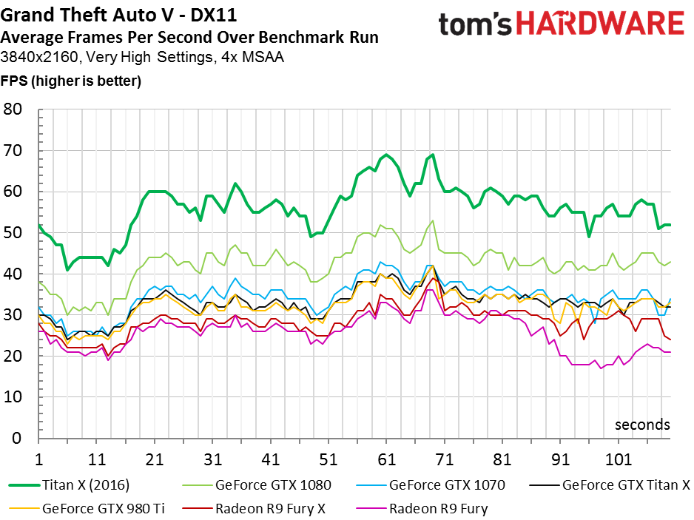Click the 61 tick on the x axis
click(385, 458)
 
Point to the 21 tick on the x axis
click(154, 458)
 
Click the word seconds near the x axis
click(642, 425)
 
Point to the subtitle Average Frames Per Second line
click(189, 37)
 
